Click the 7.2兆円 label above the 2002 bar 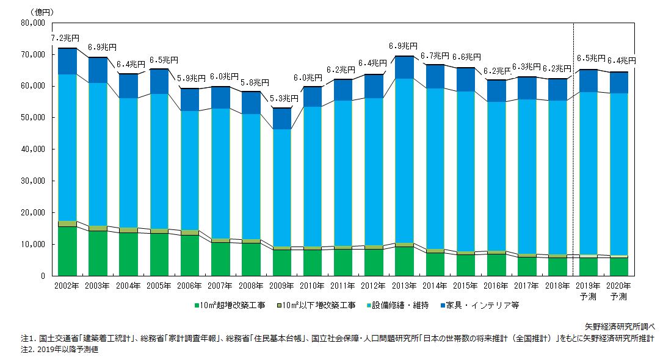tap(65, 38)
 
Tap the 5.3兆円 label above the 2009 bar tap(285, 98)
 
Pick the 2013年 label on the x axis tap(404, 286)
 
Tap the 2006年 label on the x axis tap(190, 286)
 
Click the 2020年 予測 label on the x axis tap(618, 290)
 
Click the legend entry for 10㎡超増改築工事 tap(230, 304)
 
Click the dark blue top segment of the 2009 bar tap(281, 118)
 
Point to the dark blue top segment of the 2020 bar tap(618, 82)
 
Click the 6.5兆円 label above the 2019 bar tap(591, 59)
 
